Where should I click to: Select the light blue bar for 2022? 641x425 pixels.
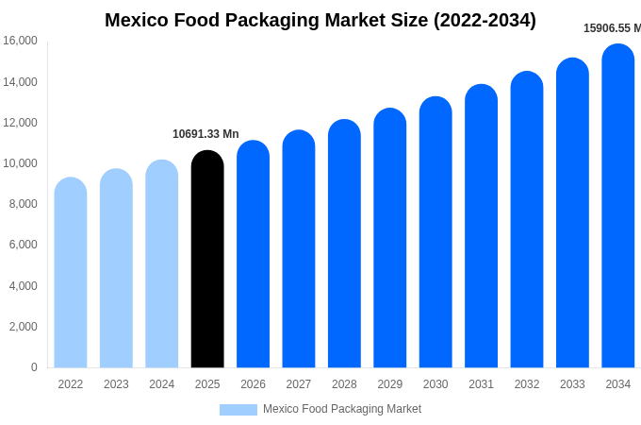(71, 273)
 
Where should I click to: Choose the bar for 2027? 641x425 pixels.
(299, 249)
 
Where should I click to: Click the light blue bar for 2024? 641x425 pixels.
(162, 264)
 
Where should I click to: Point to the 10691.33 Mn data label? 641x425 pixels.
(205, 134)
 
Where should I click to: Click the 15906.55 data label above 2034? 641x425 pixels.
(612, 28)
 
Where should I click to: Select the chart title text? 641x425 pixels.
(320, 20)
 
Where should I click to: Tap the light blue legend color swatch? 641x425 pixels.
(238, 409)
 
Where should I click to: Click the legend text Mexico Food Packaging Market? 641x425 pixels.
(342, 409)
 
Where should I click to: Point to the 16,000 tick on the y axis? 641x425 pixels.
(20, 41)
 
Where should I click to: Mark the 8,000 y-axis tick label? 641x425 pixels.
(23, 204)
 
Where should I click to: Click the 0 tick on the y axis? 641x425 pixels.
(34, 367)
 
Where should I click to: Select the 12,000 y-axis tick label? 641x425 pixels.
(20, 123)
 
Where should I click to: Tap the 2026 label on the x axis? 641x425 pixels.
(253, 384)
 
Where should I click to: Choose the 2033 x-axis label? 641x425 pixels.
(572, 384)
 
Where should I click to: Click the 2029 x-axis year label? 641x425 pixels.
(390, 384)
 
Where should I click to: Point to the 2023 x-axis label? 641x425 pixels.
(116, 384)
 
